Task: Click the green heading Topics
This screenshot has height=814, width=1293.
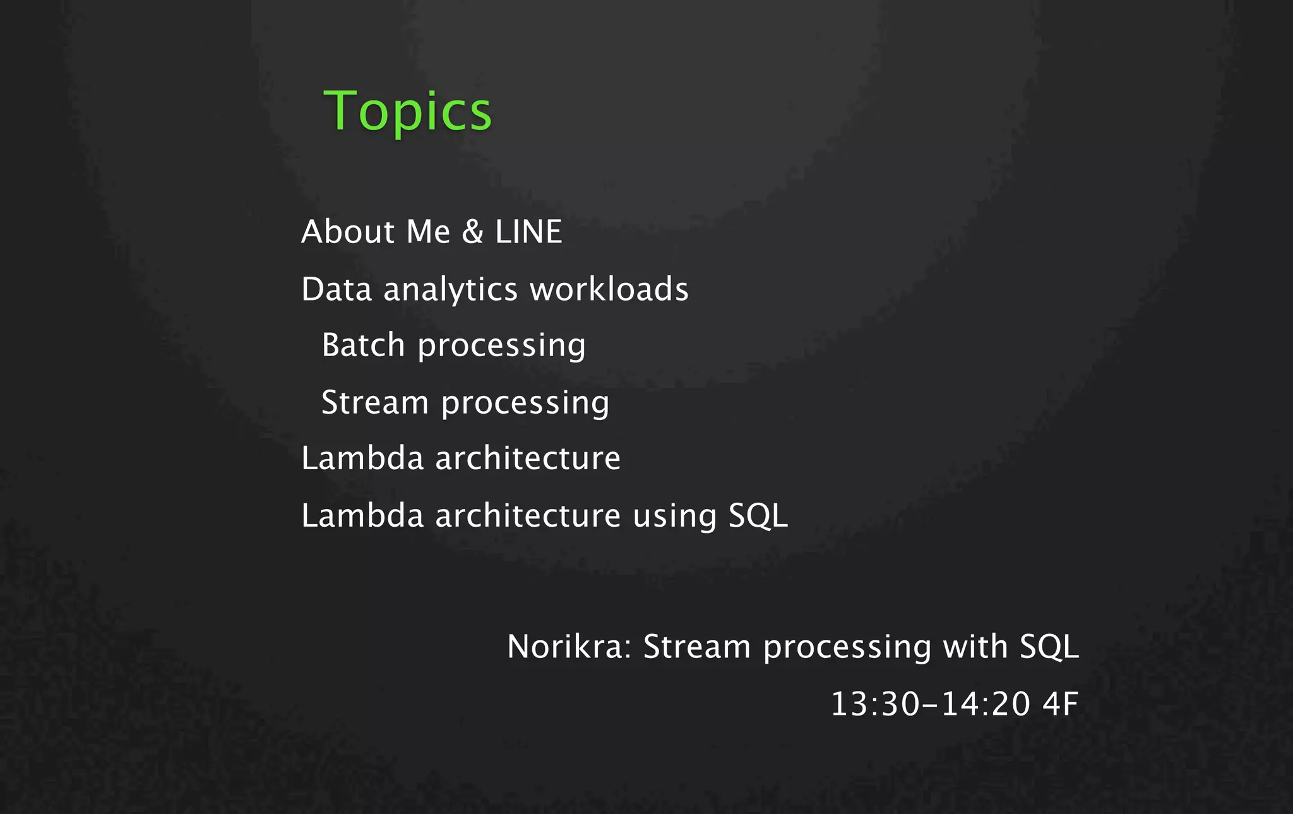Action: tap(407, 111)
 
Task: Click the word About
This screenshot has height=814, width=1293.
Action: tap(347, 231)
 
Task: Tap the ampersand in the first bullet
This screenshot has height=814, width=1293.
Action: tap(472, 231)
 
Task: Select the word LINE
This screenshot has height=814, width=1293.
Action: tap(528, 231)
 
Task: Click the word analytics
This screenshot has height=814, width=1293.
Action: tap(450, 290)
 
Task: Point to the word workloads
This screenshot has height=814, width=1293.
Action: tap(609, 289)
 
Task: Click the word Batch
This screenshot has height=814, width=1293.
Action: tap(363, 345)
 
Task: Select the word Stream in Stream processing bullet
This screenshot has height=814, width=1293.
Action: tap(375, 402)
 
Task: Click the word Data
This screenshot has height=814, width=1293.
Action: tap(336, 289)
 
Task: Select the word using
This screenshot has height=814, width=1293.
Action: tap(674, 517)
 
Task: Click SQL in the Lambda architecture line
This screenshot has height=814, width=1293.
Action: tap(758, 515)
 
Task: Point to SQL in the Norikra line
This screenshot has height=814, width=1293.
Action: tap(1049, 647)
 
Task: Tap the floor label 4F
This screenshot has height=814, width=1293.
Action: tap(1060, 703)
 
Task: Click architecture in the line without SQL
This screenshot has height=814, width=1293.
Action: tap(528, 458)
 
